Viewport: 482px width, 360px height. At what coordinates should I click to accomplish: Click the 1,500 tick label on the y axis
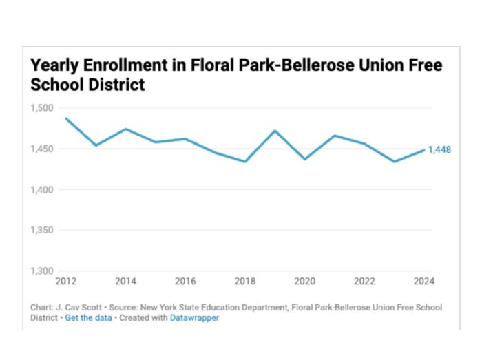coord(42,108)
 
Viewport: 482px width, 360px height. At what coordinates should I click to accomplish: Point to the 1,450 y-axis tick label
coord(42,149)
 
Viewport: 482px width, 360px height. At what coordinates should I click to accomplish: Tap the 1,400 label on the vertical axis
coord(42,189)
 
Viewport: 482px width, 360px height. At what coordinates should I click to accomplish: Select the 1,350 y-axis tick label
coord(42,230)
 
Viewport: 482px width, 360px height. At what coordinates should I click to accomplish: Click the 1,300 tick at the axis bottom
coord(42,271)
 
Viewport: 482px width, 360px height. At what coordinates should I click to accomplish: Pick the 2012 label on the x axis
coord(66,282)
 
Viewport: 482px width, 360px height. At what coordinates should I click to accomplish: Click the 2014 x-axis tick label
coord(125,282)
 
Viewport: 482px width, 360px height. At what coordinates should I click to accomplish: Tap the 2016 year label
coord(185,282)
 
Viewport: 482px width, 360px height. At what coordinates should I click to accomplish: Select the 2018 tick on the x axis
coord(244,282)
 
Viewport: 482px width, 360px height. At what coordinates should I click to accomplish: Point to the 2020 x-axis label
coord(304,282)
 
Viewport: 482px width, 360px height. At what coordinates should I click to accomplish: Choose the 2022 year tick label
coord(364,282)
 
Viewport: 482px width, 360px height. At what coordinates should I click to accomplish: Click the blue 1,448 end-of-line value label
coord(439,150)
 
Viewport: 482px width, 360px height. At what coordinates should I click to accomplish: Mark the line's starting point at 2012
coord(66,118)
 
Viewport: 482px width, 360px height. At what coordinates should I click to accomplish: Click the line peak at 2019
coord(275,131)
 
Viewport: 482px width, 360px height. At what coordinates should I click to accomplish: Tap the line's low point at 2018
coord(245,162)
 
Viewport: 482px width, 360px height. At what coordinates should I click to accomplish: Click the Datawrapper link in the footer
coord(194,318)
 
